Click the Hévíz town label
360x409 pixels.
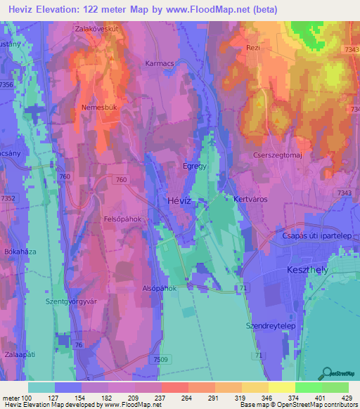[x=179, y=200]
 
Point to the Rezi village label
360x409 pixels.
[x=273, y=48]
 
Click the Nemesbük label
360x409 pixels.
[x=99, y=109]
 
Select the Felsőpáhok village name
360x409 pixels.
[x=123, y=219]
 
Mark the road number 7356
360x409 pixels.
[x=6, y=84]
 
